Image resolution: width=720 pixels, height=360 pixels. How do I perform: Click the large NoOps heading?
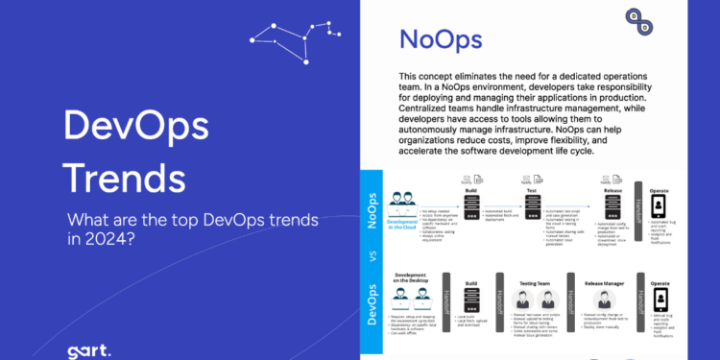441,40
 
